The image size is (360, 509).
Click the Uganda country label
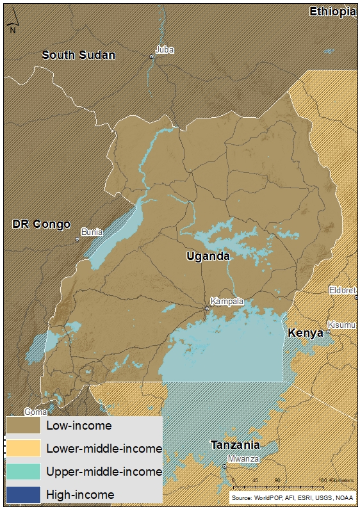point(208,257)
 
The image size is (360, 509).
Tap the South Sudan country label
point(78,55)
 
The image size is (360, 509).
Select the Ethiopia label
point(332,12)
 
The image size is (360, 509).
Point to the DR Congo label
point(41,224)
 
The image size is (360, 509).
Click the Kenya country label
point(306,334)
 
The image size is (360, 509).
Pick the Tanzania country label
point(235,445)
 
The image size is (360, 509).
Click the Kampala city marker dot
point(207,309)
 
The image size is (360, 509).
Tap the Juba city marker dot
point(152,57)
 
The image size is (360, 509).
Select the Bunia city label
point(92,232)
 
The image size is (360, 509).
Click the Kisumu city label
point(341,325)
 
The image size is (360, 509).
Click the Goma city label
point(35,412)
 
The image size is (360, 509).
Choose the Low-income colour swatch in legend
point(23,425)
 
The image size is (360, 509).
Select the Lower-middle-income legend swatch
point(23,448)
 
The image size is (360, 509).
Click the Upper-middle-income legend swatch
point(23,471)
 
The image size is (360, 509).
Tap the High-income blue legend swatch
point(23,494)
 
